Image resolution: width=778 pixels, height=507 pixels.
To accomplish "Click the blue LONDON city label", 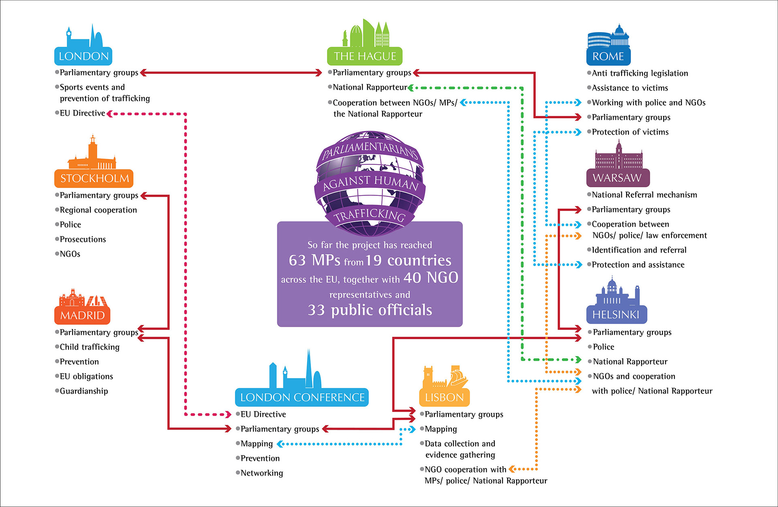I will click(x=83, y=56).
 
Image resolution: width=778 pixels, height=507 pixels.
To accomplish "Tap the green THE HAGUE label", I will click(x=365, y=56).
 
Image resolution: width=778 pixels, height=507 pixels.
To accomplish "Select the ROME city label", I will click(x=608, y=56).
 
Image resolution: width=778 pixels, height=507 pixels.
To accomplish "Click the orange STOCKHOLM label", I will click(x=94, y=178).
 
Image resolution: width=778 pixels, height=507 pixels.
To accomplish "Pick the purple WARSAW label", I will click(x=617, y=178).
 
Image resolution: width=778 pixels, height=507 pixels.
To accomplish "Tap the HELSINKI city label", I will click(x=616, y=315).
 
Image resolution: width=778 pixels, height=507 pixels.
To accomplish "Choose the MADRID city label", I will click(x=82, y=315).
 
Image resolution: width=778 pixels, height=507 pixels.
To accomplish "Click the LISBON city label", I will click(x=444, y=397).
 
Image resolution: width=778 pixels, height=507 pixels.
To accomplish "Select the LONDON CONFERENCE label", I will click(x=302, y=397).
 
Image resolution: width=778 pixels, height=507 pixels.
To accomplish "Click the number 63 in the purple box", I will click(x=297, y=260).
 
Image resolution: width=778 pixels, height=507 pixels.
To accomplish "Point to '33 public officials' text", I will click(x=370, y=310).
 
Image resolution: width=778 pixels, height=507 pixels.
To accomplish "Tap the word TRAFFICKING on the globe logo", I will click(x=370, y=215).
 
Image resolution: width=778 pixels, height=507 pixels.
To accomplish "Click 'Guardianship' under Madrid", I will click(x=84, y=391).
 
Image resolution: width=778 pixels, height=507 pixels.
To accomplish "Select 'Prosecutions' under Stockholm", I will click(x=83, y=239).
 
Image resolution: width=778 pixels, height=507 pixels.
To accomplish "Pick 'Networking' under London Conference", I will click(x=262, y=473).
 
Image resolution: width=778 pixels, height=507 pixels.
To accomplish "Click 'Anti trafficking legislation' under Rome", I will click(x=640, y=73).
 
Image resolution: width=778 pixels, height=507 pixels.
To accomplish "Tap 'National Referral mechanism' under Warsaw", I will click(x=644, y=195).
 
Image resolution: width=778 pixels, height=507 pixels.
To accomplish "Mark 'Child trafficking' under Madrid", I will click(x=90, y=347).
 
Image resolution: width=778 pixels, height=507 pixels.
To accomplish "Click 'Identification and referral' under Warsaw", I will click(x=639, y=250).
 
